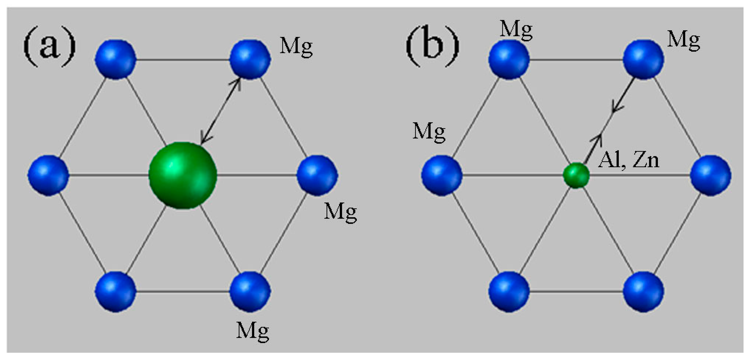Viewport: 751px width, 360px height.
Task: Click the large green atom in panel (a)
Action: [183, 175]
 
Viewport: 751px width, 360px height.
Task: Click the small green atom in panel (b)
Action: [576, 175]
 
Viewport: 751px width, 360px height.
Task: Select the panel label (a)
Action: [49, 46]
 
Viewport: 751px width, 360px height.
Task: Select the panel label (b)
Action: [433, 46]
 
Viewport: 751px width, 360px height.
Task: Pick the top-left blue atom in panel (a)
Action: [116, 59]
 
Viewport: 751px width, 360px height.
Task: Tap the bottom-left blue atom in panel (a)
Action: [116, 292]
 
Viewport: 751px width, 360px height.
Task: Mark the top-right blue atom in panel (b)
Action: [643, 59]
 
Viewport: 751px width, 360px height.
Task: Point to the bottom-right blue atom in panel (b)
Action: [643, 292]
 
